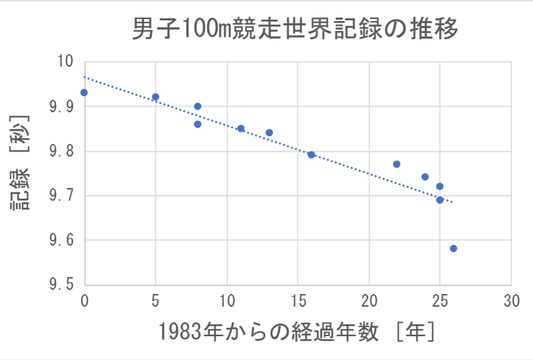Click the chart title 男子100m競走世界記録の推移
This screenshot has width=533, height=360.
pos(295,29)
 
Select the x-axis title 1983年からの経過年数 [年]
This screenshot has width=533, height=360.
pos(297,331)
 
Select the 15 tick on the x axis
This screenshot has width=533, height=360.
pos(297,300)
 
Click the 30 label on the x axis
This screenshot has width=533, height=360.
pos(511,300)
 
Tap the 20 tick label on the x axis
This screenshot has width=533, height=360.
pos(369,300)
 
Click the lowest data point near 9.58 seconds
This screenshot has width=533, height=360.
pos(453,248)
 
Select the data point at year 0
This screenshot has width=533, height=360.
pos(84,93)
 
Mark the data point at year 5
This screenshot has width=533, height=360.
pos(156,97)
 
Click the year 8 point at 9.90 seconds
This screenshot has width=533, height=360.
pos(198,107)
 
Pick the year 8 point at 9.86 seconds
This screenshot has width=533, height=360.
pos(198,124)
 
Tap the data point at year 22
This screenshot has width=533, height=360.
pos(397,164)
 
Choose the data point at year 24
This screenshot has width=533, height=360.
pos(425,177)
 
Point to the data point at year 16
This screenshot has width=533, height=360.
pos(311,154)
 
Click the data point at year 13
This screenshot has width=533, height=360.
pos(269,133)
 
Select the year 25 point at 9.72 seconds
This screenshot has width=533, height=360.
pos(440,187)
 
